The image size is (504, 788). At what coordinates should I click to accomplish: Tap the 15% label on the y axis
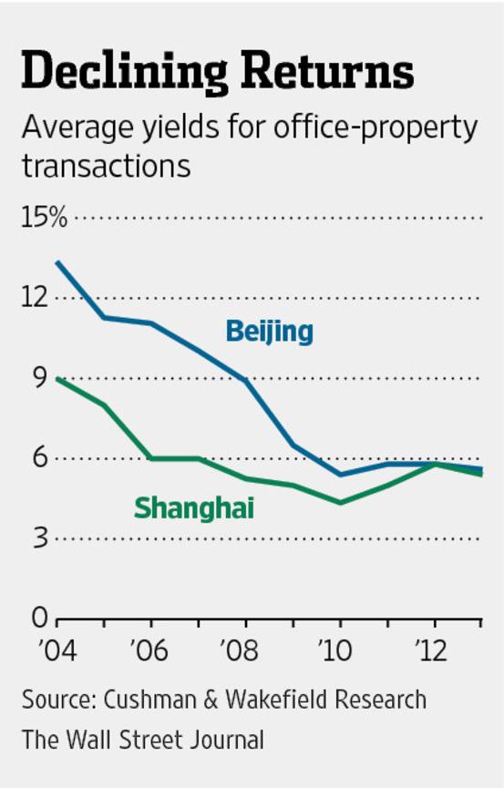point(46,218)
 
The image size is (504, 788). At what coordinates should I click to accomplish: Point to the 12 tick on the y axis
point(37,298)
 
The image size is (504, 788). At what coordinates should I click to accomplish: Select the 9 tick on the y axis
point(39,378)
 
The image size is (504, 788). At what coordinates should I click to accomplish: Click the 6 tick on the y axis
point(39,458)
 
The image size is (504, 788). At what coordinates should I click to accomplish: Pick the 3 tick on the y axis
point(39,538)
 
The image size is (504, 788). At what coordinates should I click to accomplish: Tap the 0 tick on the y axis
point(39,619)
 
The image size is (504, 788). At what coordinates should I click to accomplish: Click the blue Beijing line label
point(269,331)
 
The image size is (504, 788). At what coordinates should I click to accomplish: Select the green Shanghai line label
point(194,507)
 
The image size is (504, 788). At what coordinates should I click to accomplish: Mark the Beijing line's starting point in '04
point(57,262)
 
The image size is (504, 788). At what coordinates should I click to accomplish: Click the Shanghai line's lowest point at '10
point(340,503)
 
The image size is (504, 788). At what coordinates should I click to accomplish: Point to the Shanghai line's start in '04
point(57,378)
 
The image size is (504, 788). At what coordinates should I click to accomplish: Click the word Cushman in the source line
point(148,701)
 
